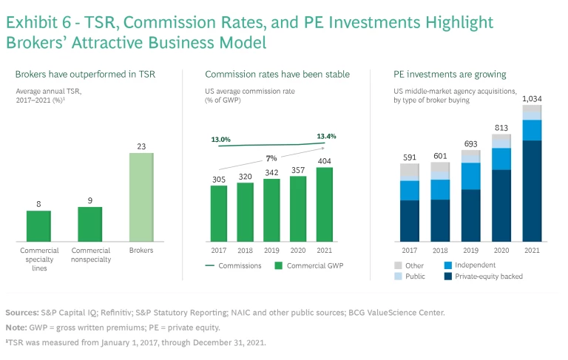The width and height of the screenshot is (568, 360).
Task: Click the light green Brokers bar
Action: point(141,197)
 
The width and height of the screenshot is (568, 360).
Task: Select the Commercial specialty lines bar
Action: point(38,225)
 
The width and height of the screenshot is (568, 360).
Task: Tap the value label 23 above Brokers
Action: point(141,146)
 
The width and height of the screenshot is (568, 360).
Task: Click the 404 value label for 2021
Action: point(325,160)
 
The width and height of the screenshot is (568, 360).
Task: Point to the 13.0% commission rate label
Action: point(220,140)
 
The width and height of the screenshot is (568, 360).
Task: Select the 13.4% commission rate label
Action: point(326,136)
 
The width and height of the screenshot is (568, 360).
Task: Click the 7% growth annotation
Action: point(271,158)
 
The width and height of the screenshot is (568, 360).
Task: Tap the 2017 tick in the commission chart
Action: point(218,250)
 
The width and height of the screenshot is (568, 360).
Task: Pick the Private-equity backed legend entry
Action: point(488,276)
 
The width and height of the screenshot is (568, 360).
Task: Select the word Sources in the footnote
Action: point(22,312)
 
